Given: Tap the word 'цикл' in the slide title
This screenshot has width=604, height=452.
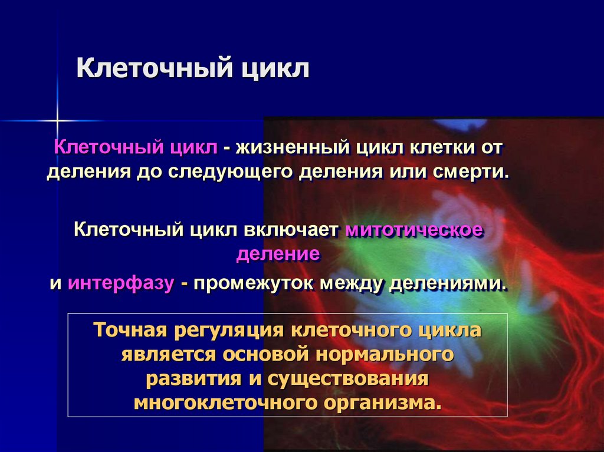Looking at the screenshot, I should point(274,68).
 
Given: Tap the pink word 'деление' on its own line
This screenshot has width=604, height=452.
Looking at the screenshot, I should point(278,255).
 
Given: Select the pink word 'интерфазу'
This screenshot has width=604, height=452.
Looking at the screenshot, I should point(121,283).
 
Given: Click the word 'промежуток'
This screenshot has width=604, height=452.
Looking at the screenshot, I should point(252,283).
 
